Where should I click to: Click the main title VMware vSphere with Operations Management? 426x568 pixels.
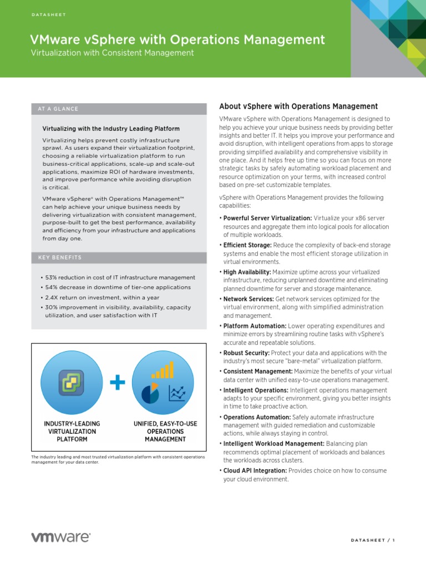click(x=177, y=39)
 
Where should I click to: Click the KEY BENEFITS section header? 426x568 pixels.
click(x=60, y=257)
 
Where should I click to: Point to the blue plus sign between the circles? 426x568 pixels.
click(x=118, y=383)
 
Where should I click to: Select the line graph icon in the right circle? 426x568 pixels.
click(x=177, y=394)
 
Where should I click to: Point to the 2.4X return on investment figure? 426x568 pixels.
click(x=52, y=297)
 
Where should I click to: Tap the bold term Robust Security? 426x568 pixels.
click(x=246, y=353)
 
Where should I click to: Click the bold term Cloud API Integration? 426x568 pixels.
click(x=255, y=471)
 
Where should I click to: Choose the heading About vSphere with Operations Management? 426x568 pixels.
click(x=298, y=106)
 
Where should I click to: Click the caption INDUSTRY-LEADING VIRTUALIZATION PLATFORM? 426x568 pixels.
click(x=72, y=431)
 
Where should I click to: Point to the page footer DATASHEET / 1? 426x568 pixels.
click(x=373, y=540)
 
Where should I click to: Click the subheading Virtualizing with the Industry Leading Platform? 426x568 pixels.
click(x=111, y=129)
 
